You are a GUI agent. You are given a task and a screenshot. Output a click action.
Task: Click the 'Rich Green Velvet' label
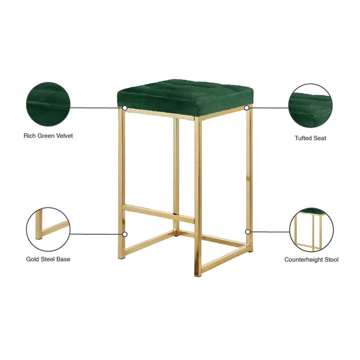click(x=48, y=135)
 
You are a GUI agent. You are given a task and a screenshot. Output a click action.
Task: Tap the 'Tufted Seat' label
click(x=310, y=138)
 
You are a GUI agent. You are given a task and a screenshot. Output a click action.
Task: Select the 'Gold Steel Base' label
click(x=48, y=259)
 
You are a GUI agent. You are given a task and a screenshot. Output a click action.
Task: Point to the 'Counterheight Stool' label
click(x=311, y=260)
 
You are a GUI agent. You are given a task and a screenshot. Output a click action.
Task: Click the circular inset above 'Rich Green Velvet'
click(x=48, y=104)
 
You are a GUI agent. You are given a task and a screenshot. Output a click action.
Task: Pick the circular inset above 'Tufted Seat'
click(x=310, y=105)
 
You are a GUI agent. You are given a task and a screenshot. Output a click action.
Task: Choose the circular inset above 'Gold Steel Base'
click(x=48, y=229)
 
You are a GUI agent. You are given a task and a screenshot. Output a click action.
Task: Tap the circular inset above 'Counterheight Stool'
click(x=311, y=229)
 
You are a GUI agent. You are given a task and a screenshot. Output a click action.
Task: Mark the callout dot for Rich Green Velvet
click(x=125, y=108)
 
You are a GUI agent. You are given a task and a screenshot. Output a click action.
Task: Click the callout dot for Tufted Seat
click(x=247, y=108)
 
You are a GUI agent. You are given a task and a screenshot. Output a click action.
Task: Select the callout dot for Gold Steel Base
click(x=125, y=234)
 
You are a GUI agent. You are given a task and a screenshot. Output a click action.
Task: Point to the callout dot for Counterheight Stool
click(x=247, y=232)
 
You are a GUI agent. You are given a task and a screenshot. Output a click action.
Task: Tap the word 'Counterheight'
click(x=303, y=260)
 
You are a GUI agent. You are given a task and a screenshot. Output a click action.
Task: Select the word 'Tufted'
click(x=304, y=138)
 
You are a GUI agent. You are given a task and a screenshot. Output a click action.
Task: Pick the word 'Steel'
click(x=49, y=259)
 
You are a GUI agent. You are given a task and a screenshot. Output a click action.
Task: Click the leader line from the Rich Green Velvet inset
click(x=97, y=108)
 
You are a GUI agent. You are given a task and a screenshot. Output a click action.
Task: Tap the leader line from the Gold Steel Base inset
click(x=97, y=234)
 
